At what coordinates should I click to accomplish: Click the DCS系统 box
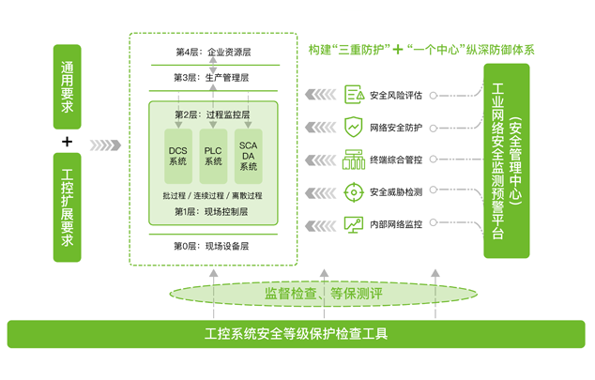(x=178, y=155)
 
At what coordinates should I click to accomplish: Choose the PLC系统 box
(x=213, y=155)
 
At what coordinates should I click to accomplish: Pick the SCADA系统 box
(x=248, y=155)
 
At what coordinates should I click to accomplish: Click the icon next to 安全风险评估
(x=354, y=95)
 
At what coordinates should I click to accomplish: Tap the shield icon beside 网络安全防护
(x=354, y=127)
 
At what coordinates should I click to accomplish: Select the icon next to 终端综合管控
(x=354, y=160)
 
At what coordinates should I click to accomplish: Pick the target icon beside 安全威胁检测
(x=354, y=192)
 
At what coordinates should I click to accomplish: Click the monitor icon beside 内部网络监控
(x=354, y=225)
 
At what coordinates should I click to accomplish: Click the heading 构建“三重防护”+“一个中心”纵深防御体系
(x=421, y=49)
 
